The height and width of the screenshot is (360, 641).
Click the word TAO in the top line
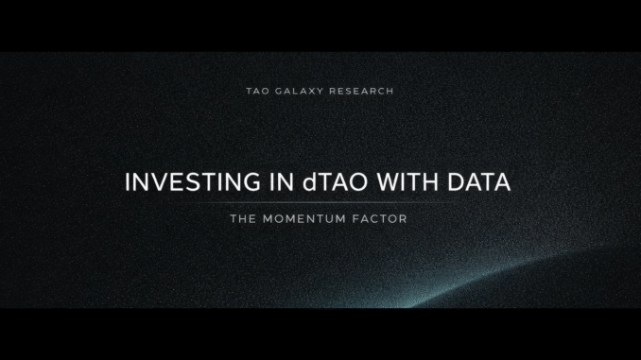coord(256,92)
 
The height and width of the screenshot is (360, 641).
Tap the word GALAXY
coord(297,92)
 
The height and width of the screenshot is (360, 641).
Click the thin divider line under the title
coord(320,202)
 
